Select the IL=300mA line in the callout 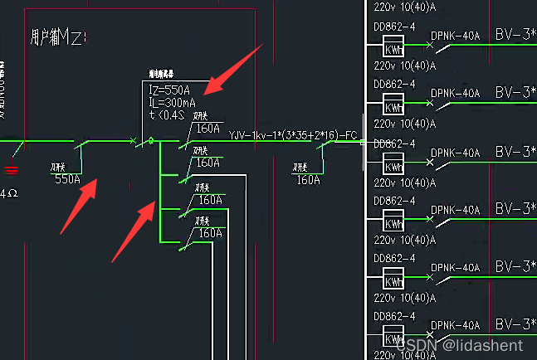[x=173, y=103]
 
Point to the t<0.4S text [x=166, y=114]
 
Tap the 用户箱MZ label [x=58, y=37]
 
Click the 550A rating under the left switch [x=68, y=178]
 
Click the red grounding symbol [x=11, y=170]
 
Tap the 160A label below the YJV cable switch [x=308, y=178]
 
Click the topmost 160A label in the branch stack [x=207, y=129]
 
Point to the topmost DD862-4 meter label [x=394, y=26]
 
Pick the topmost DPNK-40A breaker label [x=456, y=36]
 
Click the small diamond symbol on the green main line [x=150, y=142]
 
